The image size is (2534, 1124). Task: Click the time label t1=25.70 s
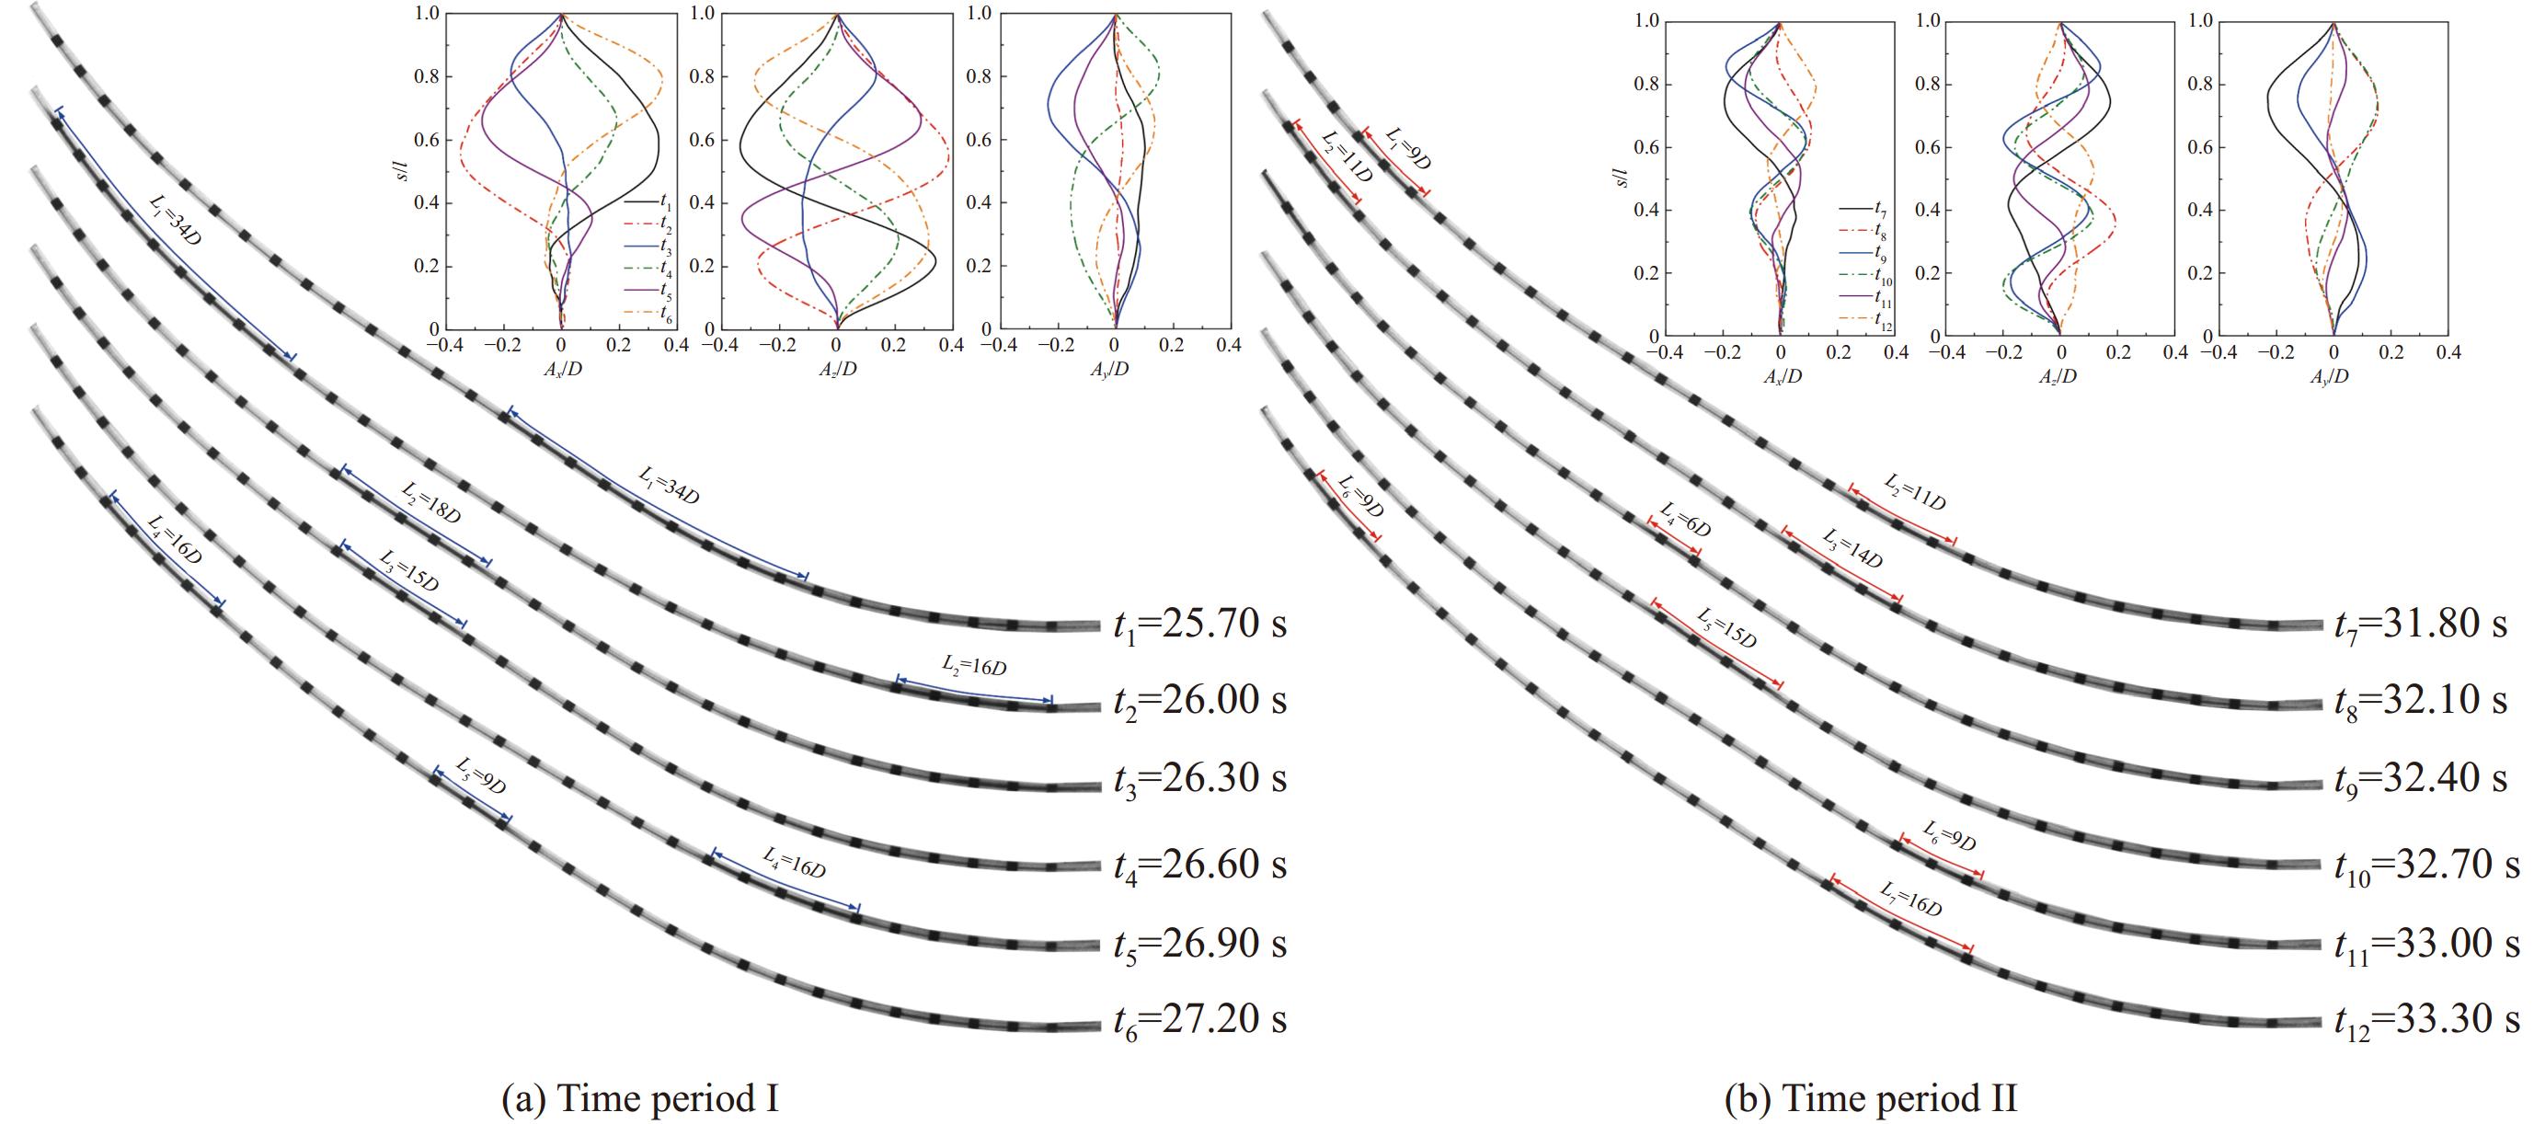pos(1199,625)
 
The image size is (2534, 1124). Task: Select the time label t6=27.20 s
pos(1199,1020)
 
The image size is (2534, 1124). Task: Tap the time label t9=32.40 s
pos(2420,779)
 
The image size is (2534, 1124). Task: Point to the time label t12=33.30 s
pos(2425,1020)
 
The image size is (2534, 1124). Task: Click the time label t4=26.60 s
pos(1199,866)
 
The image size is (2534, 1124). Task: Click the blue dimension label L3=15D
pos(408,570)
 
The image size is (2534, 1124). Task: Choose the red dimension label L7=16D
pos(1910,900)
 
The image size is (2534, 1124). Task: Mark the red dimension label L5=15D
pos(1726,628)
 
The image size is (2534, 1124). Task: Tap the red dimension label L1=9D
pos(1407,147)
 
